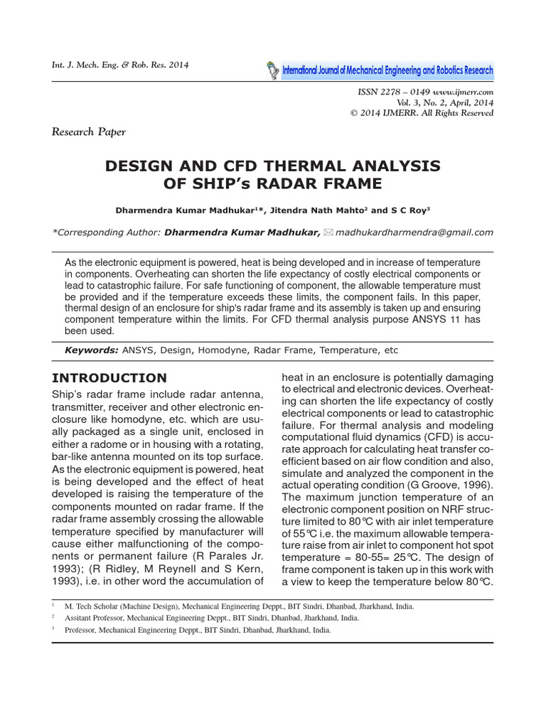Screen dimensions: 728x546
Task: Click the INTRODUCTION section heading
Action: pos(110,378)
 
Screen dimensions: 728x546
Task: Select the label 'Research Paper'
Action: pos(89,132)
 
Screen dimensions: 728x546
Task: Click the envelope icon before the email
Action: pos(328,232)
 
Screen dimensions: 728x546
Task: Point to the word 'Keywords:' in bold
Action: pos(91,350)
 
